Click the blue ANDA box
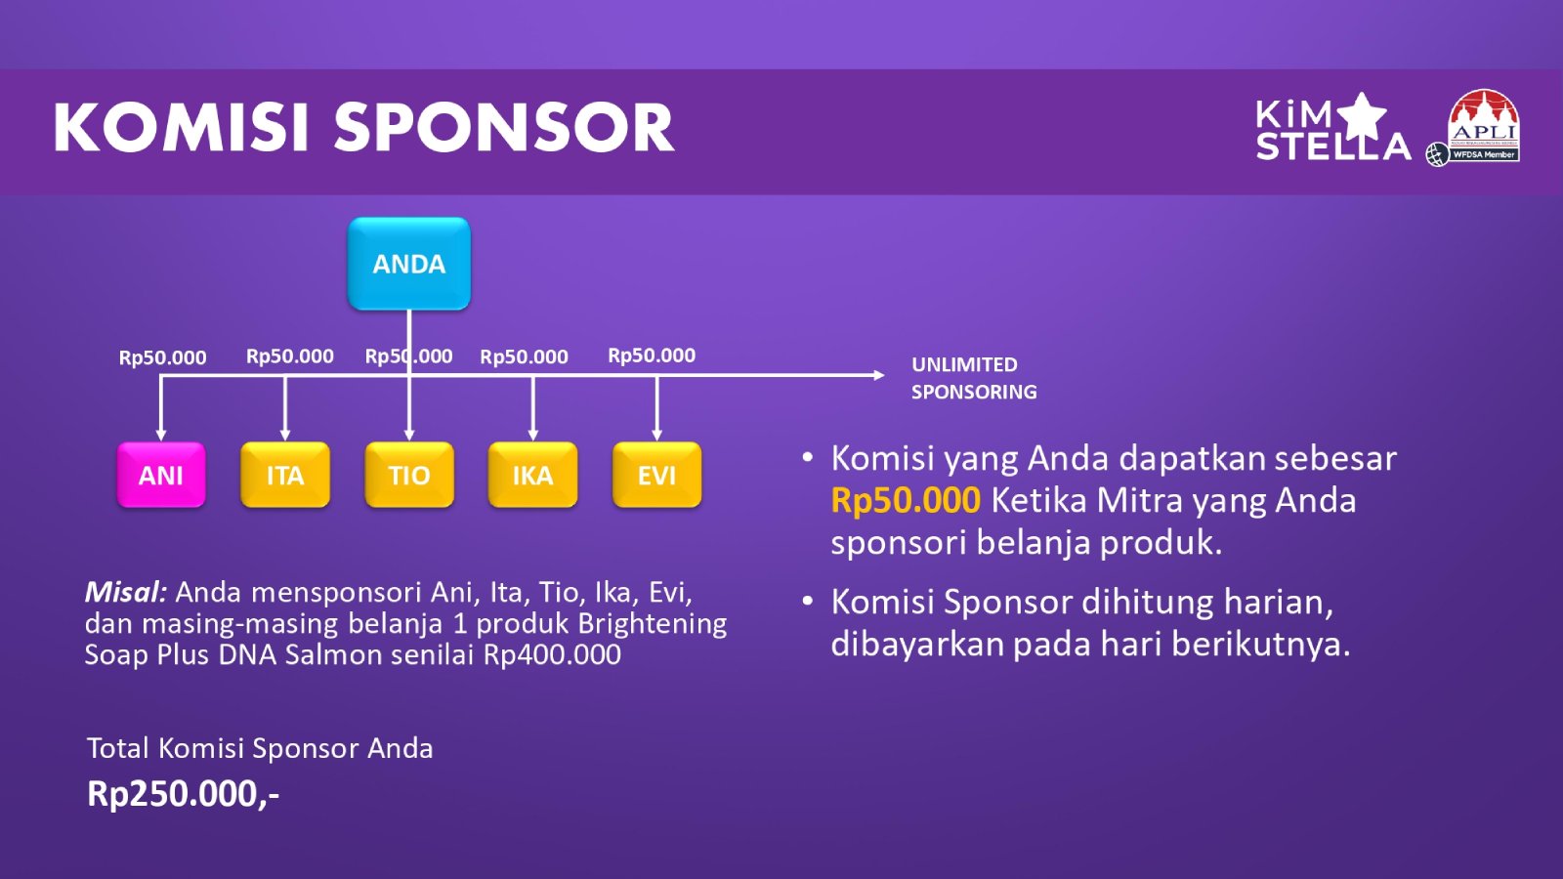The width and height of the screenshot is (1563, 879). (x=409, y=264)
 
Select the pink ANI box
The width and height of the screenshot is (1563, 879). (x=161, y=475)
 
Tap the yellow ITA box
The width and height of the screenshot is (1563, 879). (x=284, y=475)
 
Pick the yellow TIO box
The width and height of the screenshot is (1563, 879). (x=409, y=475)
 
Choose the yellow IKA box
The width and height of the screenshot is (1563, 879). (x=533, y=475)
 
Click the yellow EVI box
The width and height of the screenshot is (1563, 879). (x=656, y=475)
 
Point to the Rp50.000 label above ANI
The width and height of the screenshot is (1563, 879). (x=162, y=357)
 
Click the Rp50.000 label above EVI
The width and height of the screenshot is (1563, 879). (x=652, y=356)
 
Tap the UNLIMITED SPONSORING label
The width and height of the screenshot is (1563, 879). (x=974, y=378)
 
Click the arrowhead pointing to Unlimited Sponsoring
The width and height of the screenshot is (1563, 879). (x=879, y=375)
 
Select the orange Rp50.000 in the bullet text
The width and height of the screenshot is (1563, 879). (x=906, y=501)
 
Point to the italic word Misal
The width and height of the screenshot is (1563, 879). (x=126, y=592)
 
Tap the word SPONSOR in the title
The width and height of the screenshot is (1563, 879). (x=504, y=127)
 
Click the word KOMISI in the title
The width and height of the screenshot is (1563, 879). (x=181, y=127)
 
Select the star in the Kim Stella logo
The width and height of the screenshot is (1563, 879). (x=1362, y=116)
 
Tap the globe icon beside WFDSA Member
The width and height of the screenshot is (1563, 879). (x=1437, y=154)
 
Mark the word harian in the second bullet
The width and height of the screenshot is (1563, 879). (x=1278, y=602)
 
